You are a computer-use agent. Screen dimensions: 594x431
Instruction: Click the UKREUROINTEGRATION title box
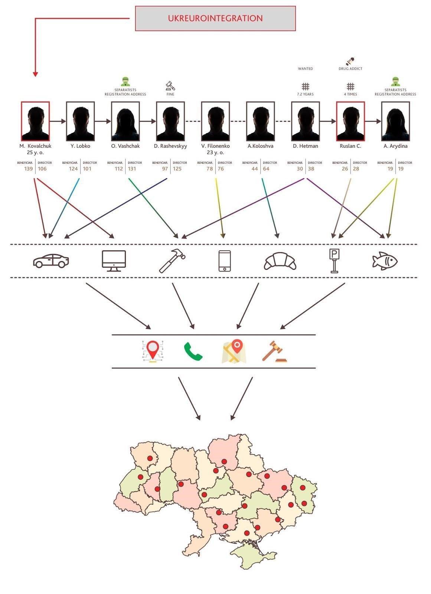[215, 18]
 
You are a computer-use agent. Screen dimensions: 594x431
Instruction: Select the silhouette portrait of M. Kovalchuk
[35, 121]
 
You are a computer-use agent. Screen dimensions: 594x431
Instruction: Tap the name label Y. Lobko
[80, 146]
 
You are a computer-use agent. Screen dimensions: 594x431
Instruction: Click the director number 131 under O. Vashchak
[132, 169]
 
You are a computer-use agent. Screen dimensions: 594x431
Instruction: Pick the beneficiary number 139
[28, 169]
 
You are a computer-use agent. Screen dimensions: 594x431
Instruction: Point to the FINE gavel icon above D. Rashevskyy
[170, 86]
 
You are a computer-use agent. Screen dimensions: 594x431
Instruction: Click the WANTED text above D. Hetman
[305, 69]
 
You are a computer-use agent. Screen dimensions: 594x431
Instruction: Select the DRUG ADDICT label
[350, 69]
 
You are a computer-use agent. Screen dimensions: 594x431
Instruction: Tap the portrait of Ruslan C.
[350, 121]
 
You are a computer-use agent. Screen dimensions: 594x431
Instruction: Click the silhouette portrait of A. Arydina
[395, 121]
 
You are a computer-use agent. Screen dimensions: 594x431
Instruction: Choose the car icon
[51, 261]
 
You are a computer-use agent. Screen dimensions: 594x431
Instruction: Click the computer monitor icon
[114, 261]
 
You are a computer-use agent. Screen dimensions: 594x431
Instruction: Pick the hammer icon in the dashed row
[172, 261]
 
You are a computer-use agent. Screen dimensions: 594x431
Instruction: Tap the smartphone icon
[225, 261]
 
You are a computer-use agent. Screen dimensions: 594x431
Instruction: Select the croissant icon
[280, 261]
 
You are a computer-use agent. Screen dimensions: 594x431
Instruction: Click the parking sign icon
[334, 261]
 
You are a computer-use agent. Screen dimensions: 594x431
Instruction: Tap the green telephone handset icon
[193, 352]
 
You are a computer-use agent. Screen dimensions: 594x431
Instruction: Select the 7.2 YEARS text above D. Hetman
[305, 94]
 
